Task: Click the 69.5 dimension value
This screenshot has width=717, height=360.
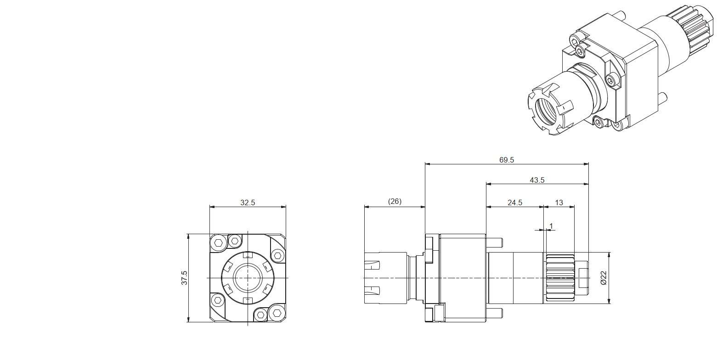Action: pos(506,160)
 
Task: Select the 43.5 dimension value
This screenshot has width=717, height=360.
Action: pos(537,180)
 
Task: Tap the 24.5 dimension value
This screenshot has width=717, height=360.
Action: pos(515,202)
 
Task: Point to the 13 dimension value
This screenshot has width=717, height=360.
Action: pos(559,202)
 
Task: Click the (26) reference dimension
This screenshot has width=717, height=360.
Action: pos(395,201)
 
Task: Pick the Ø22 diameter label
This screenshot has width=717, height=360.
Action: pos(604,278)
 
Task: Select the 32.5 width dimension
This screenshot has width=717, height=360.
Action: pos(248,202)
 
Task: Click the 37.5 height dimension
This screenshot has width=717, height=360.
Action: pos(184,278)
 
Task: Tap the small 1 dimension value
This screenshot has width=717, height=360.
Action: pos(551,226)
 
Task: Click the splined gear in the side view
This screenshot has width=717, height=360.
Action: pos(560,278)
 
